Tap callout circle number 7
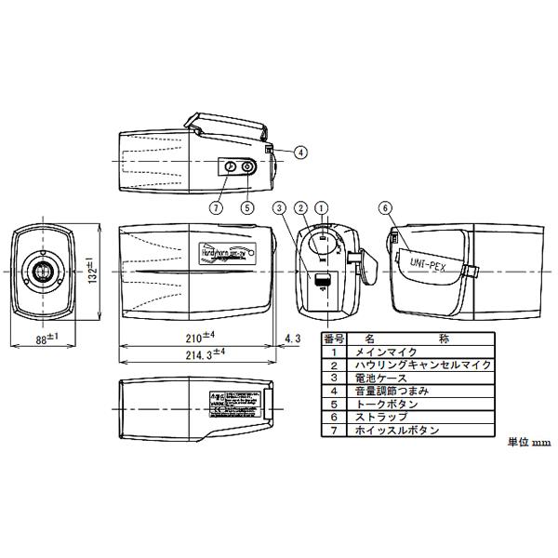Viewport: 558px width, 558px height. [217, 207]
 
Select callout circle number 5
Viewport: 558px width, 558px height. [247, 207]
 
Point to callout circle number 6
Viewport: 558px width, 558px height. [385, 207]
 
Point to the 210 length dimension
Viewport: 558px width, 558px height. [200, 337]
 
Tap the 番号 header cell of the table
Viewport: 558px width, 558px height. [333, 339]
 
